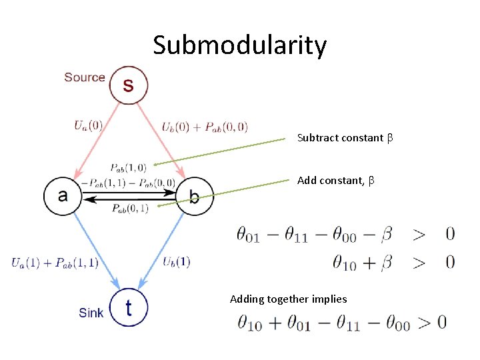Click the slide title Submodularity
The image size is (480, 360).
[240, 45]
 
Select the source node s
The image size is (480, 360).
[129, 85]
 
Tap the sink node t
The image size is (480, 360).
[129, 307]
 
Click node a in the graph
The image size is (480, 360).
[63, 196]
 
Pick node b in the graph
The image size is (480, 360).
[194, 196]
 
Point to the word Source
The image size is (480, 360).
[85, 77]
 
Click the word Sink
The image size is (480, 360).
[91, 312]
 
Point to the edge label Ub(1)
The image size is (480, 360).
[177, 261]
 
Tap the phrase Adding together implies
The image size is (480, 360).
[288, 299]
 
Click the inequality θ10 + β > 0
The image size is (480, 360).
[394, 262]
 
